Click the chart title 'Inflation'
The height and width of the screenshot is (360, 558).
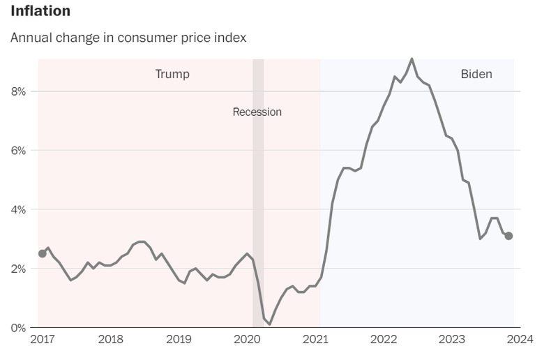40,11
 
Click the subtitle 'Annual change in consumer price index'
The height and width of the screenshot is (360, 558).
128,37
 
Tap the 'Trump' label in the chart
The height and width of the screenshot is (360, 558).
172,74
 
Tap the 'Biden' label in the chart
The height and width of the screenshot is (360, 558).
476,74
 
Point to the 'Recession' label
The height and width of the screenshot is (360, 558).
257,112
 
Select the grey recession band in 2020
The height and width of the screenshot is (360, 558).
258,209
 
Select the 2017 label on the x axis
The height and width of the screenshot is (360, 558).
43,340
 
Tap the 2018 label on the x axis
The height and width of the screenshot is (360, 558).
111,340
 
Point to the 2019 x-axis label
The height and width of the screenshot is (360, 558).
179,340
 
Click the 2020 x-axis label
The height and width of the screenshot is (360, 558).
248,340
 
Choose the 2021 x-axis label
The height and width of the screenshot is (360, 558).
316,340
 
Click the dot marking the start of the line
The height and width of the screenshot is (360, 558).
43,253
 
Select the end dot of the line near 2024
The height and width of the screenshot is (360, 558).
508,236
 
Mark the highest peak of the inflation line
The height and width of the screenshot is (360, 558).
412,59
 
